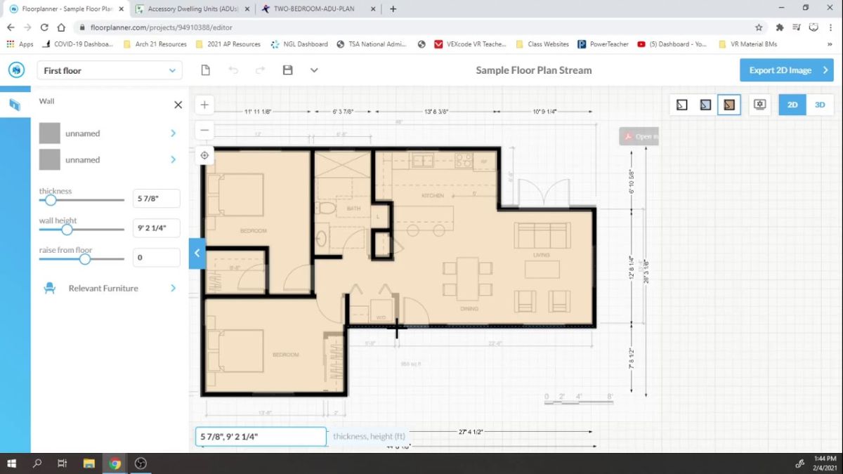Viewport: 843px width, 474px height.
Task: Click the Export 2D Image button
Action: point(785,70)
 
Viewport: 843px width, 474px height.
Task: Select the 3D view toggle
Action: point(820,105)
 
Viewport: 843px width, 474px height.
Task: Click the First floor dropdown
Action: point(110,70)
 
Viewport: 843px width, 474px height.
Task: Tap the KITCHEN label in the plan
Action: point(433,195)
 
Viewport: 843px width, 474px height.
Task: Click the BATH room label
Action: point(353,209)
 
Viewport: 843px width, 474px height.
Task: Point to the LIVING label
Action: point(541,255)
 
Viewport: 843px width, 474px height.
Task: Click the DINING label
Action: point(469,308)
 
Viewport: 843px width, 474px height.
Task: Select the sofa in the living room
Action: point(541,235)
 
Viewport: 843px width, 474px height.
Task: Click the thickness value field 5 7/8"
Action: point(156,199)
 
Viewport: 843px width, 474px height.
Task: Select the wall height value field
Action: point(156,228)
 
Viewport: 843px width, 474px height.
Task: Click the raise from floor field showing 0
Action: point(156,258)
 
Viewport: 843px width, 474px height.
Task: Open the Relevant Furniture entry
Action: point(103,288)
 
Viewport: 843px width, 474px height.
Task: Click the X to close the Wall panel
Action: point(178,105)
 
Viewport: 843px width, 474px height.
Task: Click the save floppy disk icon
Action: point(287,70)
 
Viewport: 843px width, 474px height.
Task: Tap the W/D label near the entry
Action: point(381,317)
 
